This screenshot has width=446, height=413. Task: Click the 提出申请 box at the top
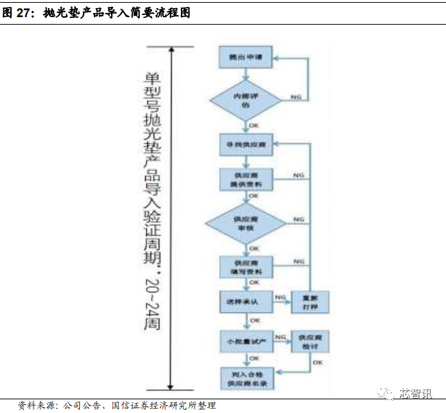point(245,58)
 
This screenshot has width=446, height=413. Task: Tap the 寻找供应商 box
point(245,147)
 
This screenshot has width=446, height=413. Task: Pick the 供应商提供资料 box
point(245,180)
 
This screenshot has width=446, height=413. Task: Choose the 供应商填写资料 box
point(245,267)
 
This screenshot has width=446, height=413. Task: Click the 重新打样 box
point(310,302)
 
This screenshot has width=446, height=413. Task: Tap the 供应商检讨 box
point(310,340)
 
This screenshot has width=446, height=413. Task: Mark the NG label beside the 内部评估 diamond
point(296,98)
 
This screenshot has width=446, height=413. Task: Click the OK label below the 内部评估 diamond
point(253,126)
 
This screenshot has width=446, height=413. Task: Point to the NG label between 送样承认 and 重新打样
point(280,297)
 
